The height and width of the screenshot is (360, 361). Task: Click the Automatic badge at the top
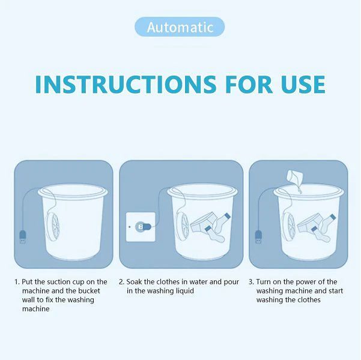coord(180,27)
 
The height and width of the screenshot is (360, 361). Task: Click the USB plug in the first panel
coord(22,237)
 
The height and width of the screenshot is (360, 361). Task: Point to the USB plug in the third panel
coord(258,236)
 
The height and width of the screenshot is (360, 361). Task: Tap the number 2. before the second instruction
coord(121,281)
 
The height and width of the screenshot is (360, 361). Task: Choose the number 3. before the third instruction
coord(251,281)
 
